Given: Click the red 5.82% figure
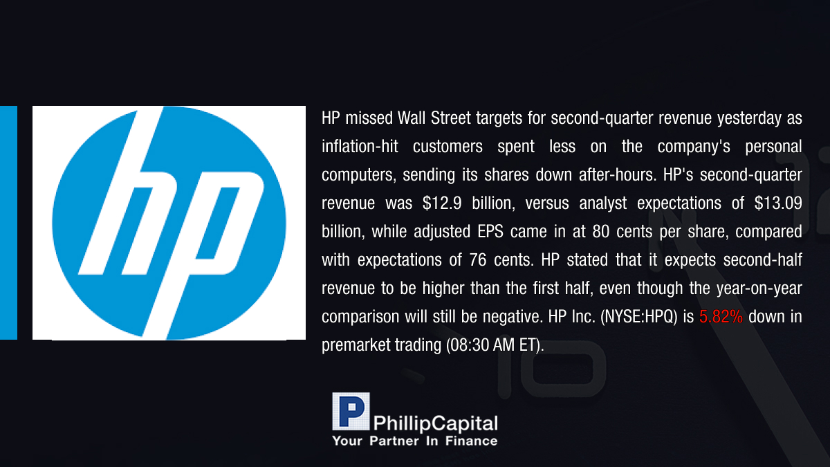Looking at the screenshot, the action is point(721,317).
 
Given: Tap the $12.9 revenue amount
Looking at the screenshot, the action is point(442,203).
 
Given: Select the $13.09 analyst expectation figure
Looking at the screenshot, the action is point(778,203).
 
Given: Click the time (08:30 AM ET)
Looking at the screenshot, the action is point(495,345).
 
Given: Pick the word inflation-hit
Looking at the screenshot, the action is point(360,147).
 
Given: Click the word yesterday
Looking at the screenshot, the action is point(749,118).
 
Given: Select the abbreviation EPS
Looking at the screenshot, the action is point(490,232).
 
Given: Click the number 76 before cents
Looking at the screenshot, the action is point(478,260).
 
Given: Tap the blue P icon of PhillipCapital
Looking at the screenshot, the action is point(351,411).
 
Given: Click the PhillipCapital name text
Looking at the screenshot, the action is point(435,423).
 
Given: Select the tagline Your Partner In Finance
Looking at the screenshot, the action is point(414,441).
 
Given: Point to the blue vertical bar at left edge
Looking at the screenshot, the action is point(8,222).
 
